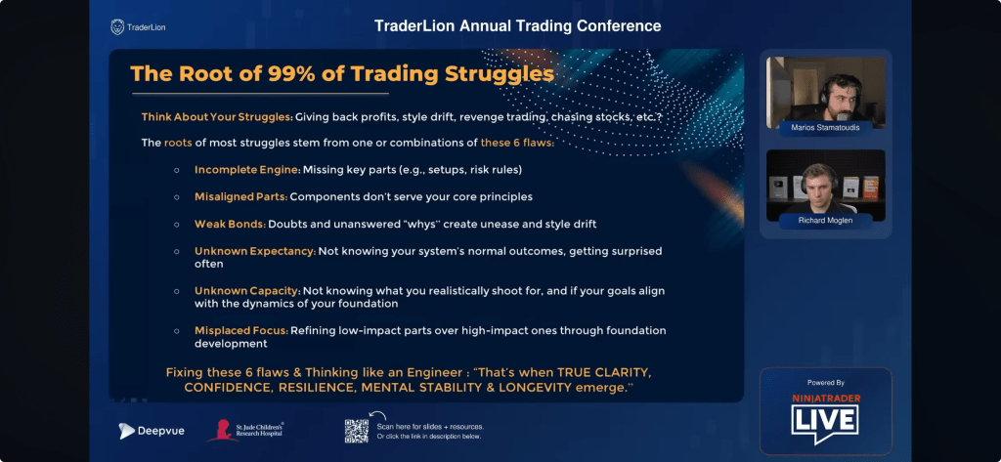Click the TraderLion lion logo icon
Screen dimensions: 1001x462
[117, 26]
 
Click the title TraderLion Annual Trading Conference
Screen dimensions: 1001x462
[518, 26]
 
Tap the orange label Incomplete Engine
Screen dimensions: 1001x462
[247, 170]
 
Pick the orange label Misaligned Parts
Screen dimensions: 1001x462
[240, 196]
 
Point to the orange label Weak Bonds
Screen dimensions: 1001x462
[230, 224]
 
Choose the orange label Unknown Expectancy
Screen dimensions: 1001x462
[255, 251]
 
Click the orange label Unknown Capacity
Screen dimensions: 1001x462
[247, 291]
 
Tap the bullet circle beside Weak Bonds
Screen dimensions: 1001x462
[176, 225]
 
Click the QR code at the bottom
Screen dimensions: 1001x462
[357, 432]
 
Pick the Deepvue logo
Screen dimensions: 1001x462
[152, 431]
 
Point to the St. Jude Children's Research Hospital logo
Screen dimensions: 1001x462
[245, 430]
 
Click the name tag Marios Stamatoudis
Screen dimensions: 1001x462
[825, 128]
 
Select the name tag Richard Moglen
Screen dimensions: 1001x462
[825, 221]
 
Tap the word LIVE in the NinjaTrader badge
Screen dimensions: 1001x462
[825, 421]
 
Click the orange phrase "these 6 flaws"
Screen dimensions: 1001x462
[517, 143]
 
